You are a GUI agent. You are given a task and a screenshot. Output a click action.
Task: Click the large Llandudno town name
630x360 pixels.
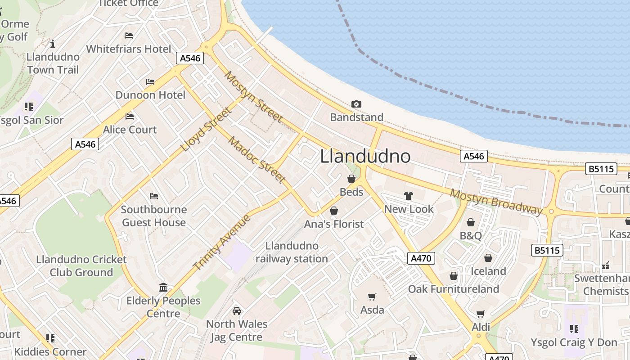pos(365,156)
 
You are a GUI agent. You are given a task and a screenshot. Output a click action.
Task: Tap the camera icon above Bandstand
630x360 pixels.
pos(356,104)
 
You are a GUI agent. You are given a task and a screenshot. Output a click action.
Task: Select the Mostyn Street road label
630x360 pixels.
pos(254,97)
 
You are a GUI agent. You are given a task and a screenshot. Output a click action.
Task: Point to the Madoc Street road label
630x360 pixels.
pos(257,160)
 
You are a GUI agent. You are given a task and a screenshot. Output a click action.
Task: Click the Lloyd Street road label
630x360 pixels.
pos(206,130)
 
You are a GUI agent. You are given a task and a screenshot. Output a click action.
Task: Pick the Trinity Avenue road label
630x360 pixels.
pos(222,243)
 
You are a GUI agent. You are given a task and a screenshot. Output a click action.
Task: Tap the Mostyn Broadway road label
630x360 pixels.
pos(496,202)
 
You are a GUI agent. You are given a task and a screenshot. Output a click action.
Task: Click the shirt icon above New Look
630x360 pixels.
pos(408,196)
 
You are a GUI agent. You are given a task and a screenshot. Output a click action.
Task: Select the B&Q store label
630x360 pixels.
pos(471,235)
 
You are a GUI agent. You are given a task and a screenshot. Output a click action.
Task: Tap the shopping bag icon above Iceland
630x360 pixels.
pos(488,258)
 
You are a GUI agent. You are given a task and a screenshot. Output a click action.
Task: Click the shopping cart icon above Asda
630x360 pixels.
pos(372,297)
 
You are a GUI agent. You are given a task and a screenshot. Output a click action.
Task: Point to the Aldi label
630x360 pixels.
pos(481,327)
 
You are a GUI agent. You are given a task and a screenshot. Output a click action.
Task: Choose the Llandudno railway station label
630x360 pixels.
pos(292,252)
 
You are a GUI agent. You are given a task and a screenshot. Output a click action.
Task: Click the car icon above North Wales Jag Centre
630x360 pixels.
pos(237,311)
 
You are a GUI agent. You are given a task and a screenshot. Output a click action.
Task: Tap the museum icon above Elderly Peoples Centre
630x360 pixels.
pos(163,287)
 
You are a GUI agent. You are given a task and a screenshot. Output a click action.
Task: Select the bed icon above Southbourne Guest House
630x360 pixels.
pos(154,196)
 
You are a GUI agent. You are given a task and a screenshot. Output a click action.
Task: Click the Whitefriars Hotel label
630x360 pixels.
pos(129,49)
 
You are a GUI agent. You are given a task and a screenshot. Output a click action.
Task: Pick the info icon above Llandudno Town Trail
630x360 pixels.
pos(53,44)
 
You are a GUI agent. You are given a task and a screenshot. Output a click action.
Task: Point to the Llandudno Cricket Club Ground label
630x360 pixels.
pos(81,266)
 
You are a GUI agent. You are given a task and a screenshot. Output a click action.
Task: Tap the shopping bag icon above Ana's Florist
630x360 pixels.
pos(334,211)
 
